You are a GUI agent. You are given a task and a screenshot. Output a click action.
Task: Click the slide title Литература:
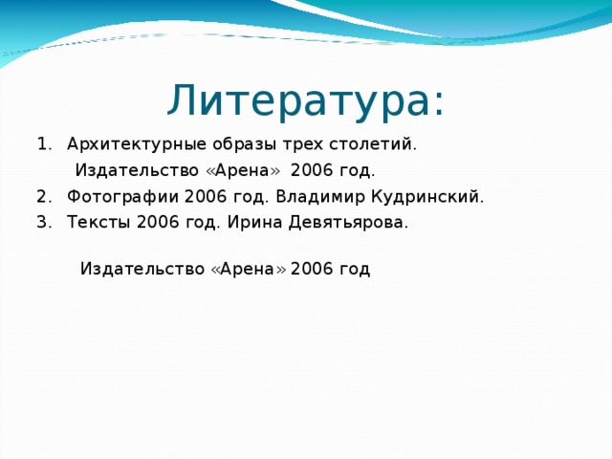305,100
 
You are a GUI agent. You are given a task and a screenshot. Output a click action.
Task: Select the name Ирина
251,223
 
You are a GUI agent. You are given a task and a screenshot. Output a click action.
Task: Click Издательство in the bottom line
142,269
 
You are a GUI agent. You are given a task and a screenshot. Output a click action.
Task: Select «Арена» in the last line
248,269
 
